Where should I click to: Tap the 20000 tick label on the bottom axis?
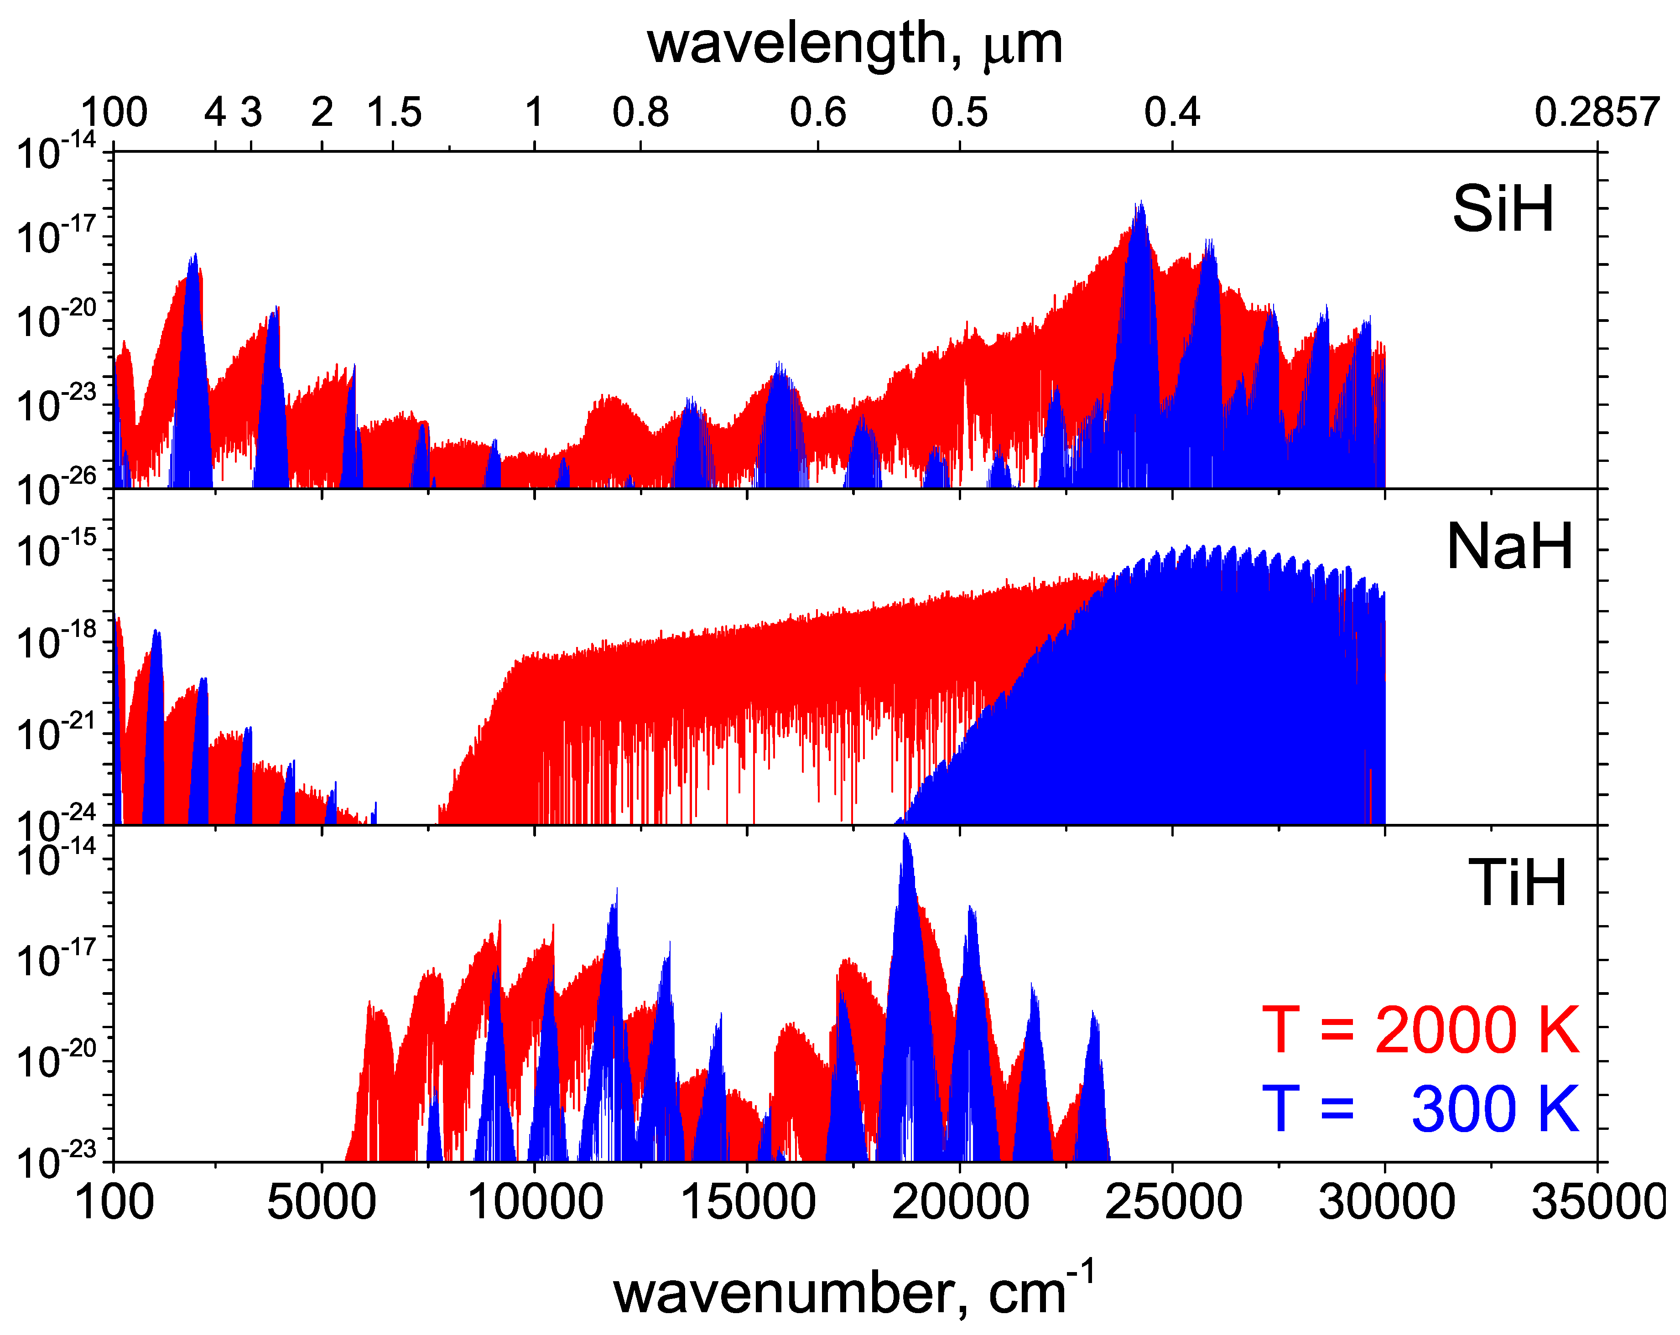[960, 1201]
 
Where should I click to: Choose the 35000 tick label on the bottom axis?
[1597, 1201]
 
